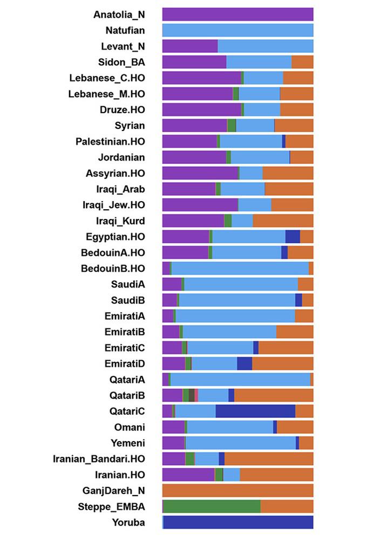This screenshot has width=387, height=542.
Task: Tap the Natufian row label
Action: (x=125, y=30)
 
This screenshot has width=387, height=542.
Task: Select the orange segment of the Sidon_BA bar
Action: (x=302, y=62)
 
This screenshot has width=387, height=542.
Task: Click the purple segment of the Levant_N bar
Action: (x=189, y=46)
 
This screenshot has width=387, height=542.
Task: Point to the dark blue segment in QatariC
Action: (x=255, y=411)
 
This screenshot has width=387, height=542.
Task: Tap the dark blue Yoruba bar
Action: (x=238, y=523)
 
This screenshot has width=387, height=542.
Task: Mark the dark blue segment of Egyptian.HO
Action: (x=293, y=237)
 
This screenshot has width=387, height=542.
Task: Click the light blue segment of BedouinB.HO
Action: (x=240, y=269)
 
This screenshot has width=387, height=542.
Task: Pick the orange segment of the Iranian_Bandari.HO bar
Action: (x=269, y=459)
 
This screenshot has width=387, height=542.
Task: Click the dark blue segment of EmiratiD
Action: (x=245, y=364)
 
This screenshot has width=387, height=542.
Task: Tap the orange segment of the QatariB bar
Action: (x=274, y=395)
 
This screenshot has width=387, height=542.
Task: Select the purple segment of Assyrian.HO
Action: (x=200, y=173)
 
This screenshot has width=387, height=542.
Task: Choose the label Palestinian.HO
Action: (x=110, y=141)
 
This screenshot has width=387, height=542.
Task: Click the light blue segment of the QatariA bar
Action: (x=240, y=380)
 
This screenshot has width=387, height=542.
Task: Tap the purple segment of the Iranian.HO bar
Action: (x=188, y=475)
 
